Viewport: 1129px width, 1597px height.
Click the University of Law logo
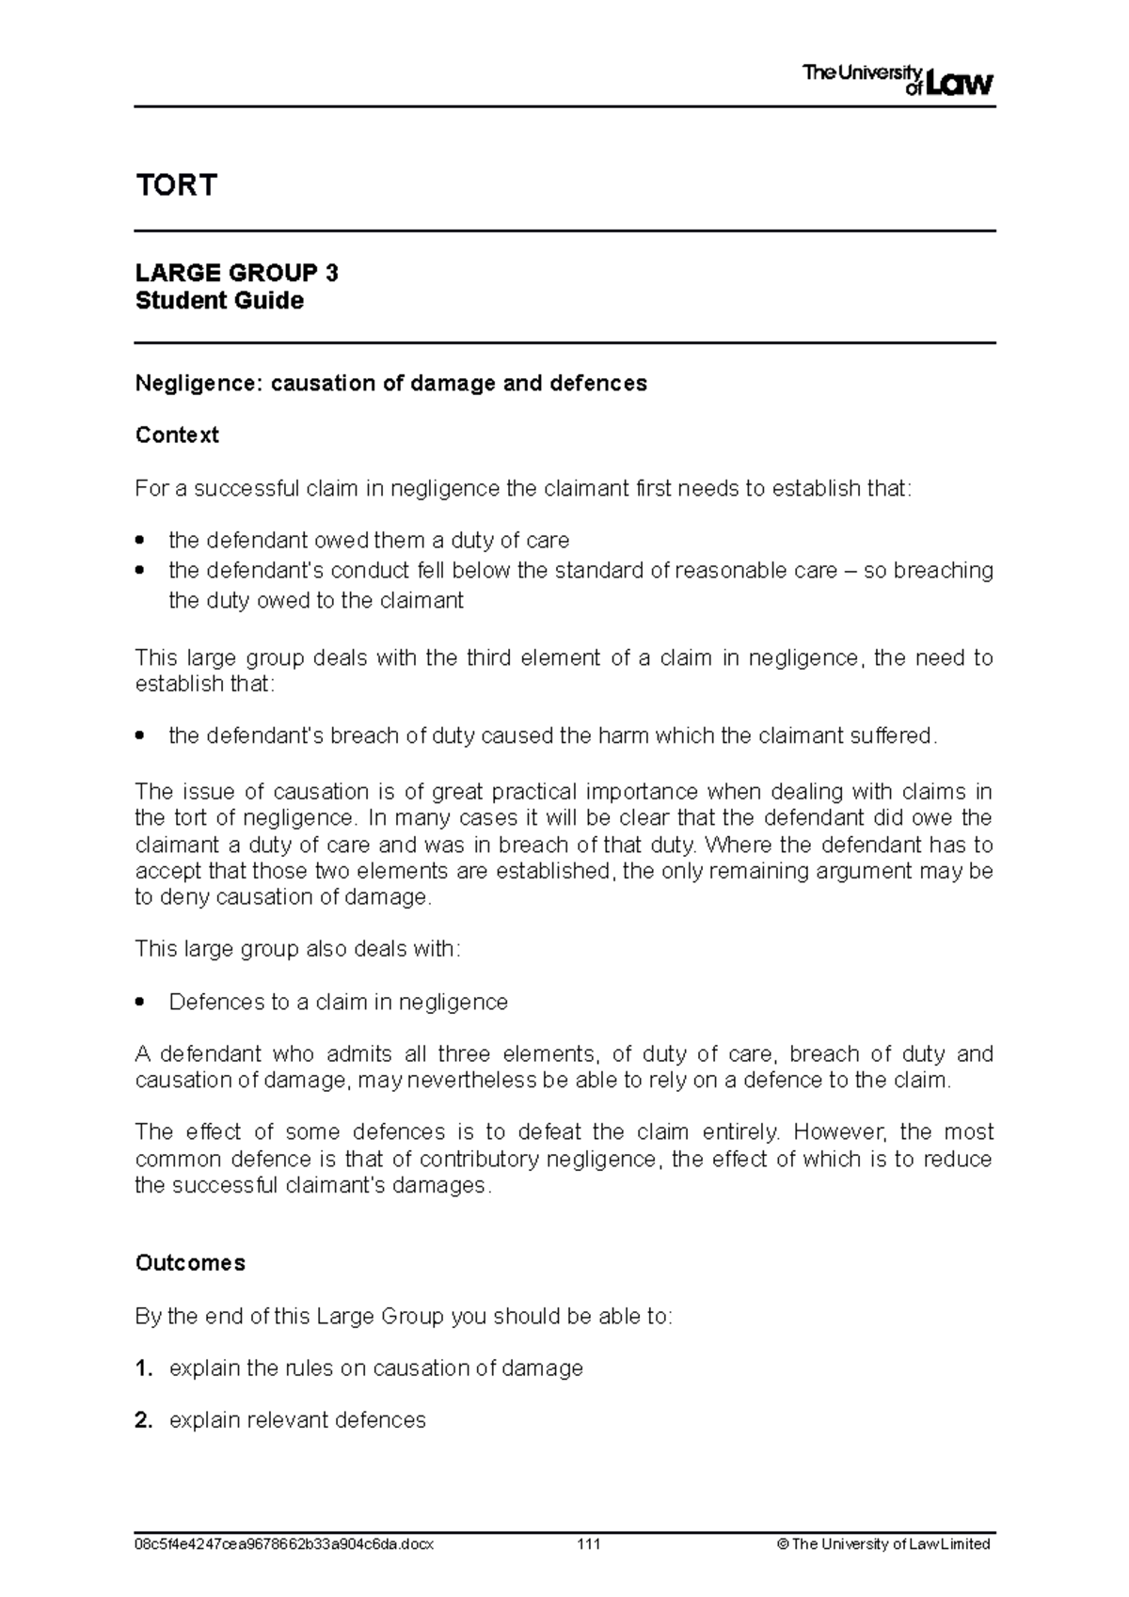[898, 81]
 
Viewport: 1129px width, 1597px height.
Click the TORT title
[176, 184]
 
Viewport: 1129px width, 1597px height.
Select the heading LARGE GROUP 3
[236, 273]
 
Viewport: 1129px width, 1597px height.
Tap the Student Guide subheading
[219, 301]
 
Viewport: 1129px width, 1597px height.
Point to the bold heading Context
[177, 435]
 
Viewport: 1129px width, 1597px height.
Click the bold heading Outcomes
[190, 1262]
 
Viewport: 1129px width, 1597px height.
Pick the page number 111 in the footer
[589, 1544]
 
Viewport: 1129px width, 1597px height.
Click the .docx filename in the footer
[284, 1544]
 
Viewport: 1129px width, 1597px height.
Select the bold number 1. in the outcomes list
[144, 1368]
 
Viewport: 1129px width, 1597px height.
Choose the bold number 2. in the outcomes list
[144, 1419]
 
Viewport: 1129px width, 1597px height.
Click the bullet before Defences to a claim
[141, 1003]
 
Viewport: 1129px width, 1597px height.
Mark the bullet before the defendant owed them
[141, 541]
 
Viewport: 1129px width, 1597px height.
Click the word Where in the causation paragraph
[743, 845]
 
